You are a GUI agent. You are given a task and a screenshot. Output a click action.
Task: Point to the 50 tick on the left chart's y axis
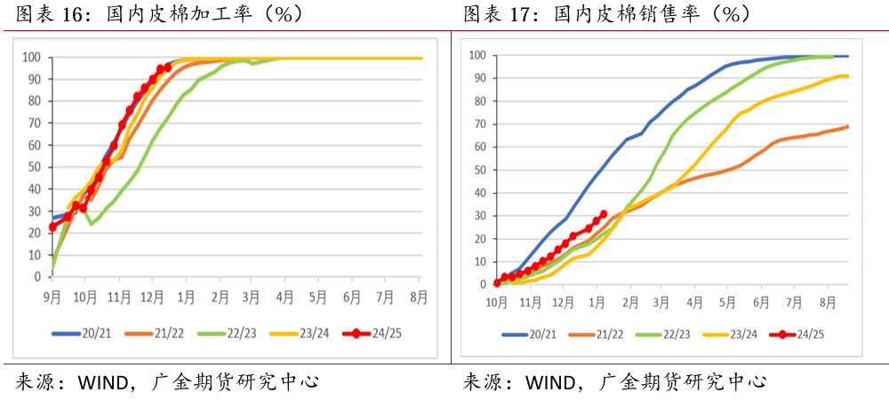[33, 167]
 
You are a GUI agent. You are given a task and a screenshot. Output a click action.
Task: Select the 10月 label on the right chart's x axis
[497, 301]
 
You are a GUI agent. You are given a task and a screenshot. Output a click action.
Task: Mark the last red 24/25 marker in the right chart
[604, 214]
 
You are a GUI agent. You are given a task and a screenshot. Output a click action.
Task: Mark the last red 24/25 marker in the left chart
[167, 68]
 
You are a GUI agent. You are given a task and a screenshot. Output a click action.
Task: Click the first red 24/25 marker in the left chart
[52, 228]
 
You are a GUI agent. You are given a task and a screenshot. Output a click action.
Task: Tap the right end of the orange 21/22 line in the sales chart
[848, 126]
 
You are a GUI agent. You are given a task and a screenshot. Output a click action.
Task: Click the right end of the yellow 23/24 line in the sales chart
[848, 76]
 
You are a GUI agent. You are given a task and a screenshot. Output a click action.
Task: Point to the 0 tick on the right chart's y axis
[481, 284]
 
